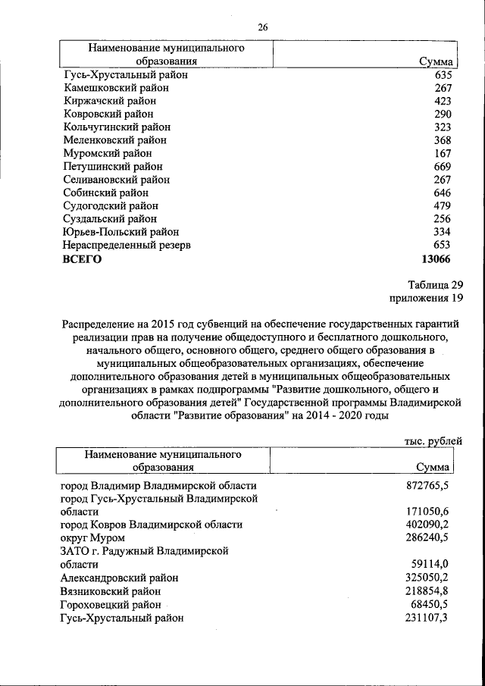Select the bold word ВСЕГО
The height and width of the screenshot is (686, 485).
[x=81, y=258]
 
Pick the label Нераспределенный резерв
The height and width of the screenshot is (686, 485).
[x=127, y=245]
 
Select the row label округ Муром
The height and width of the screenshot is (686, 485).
[x=92, y=537]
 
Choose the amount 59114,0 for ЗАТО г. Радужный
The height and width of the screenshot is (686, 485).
[x=430, y=564]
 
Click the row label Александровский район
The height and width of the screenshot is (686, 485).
[x=120, y=578]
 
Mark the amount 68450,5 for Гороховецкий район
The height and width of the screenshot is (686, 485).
[x=430, y=604]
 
